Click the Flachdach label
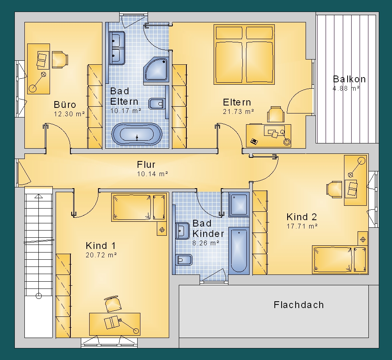(x=299, y=305)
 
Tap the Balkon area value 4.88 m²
(x=346, y=88)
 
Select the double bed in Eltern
(x=244, y=54)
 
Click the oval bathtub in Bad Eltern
(x=137, y=134)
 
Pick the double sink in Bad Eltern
(x=117, y=48)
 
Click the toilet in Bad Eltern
(x=157, y=104)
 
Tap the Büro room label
(x=65, y=104)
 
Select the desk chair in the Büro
(x=60, y=60)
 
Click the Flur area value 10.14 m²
(x=152, y=174)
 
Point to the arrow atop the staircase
(x=38, y=197)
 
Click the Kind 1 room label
(x=101, y=246)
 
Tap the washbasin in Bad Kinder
(x=182, y=231)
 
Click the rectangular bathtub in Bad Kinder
(x=239, y=251)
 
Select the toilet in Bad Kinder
(x=184, y=260)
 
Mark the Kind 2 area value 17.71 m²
(x=302, y=226)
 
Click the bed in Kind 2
(x=340, y=260)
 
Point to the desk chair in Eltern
(x=276, y=114)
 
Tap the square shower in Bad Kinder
(x=239, y=205)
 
